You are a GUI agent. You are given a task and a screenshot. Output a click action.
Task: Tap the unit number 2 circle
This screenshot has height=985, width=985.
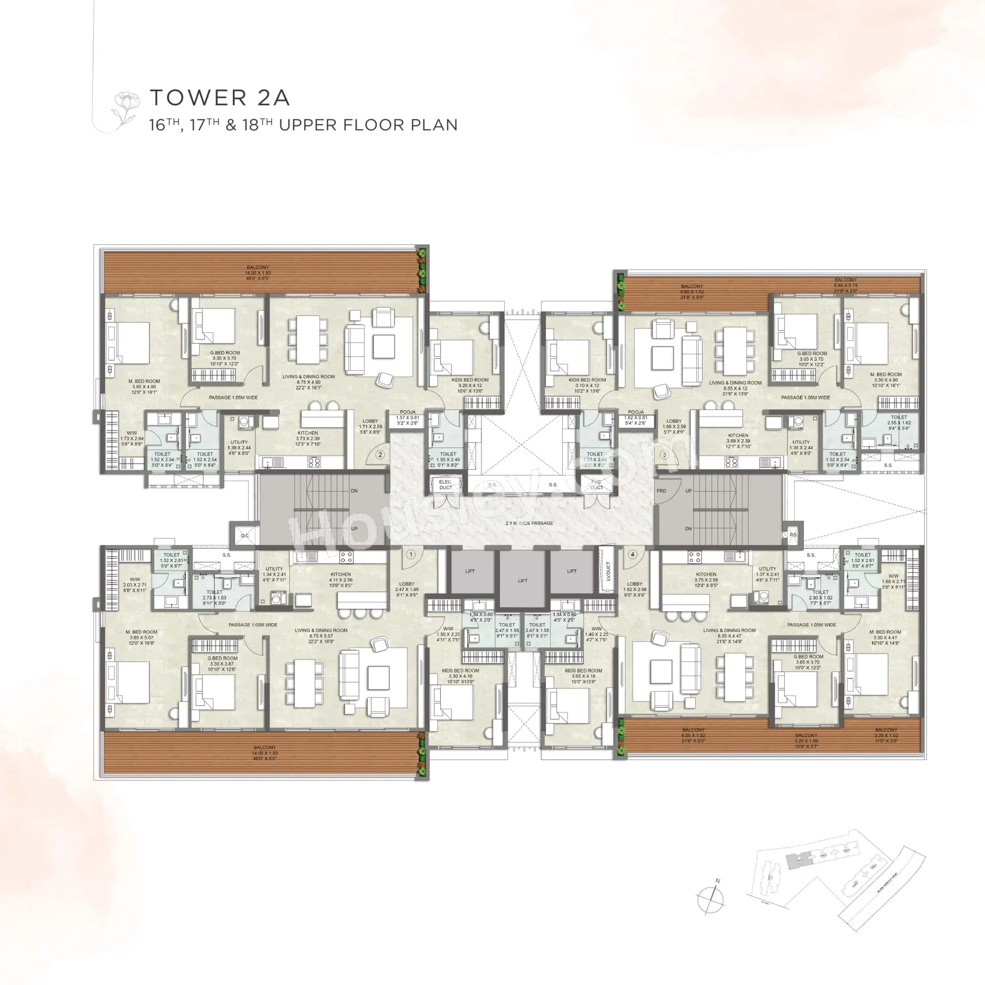pos(380,455)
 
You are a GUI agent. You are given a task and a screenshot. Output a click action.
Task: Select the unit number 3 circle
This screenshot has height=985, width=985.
pos(664,455)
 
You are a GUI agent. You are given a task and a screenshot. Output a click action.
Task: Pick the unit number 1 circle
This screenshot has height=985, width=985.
pos(411,554)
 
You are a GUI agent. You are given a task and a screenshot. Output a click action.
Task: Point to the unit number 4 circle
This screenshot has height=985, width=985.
pos(633,554)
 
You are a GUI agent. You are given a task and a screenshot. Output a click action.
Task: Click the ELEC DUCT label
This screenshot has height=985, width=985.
pos(445,484)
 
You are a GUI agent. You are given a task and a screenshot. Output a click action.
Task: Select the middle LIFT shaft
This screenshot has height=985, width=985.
pos(522,581)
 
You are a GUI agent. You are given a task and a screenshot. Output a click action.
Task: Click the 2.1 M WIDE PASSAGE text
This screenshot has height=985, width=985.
pos(529,523)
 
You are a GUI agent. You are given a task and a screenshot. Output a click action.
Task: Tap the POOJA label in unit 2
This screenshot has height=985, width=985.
pos(407,412)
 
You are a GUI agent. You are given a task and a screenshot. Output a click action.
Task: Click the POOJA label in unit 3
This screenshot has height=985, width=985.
pos(636,412)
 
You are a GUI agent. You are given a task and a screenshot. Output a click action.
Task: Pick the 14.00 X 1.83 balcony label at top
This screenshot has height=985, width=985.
pos(258,273)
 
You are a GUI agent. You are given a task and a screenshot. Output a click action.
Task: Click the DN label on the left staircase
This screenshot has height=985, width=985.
pos(354,491)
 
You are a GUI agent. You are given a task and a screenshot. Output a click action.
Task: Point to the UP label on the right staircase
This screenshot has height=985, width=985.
pos(688,491)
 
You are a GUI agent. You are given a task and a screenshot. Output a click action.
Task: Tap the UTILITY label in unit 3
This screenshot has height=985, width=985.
pos(801,442)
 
